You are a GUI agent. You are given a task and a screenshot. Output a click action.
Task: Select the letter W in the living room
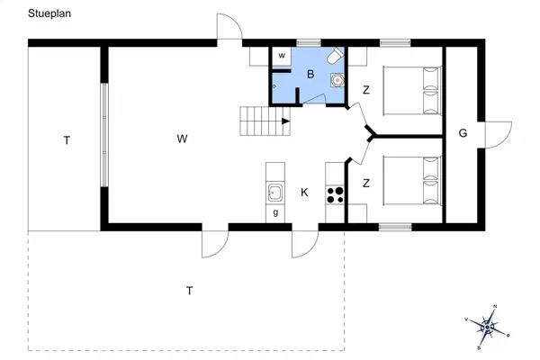click(182, 139)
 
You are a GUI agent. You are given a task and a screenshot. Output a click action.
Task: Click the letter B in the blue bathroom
click(310, 75)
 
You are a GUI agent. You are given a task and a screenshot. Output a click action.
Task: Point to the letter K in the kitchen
click(305, 192)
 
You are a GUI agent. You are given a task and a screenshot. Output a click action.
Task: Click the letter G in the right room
click(463, 134)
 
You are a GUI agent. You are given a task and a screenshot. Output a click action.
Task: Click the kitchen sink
click(274, 192)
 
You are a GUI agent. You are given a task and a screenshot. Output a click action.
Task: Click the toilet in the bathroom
click(335, 56)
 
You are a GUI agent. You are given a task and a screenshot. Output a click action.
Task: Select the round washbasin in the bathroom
click(337, 80)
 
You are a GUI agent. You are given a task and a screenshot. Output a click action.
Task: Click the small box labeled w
click(282, 57)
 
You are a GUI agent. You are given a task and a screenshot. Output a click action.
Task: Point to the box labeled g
click(275, 213)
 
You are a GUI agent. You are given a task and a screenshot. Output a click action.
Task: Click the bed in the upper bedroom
click(413, 90)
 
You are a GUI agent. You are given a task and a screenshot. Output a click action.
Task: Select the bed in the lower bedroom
click(413, 183)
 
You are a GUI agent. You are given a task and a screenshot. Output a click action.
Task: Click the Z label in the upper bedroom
click(366, 90)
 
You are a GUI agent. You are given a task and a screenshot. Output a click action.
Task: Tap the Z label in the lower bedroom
click(366, 184)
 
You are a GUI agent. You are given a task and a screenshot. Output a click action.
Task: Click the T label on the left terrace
click(66, 139)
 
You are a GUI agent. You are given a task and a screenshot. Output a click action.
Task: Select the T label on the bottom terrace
click(189, 290)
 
